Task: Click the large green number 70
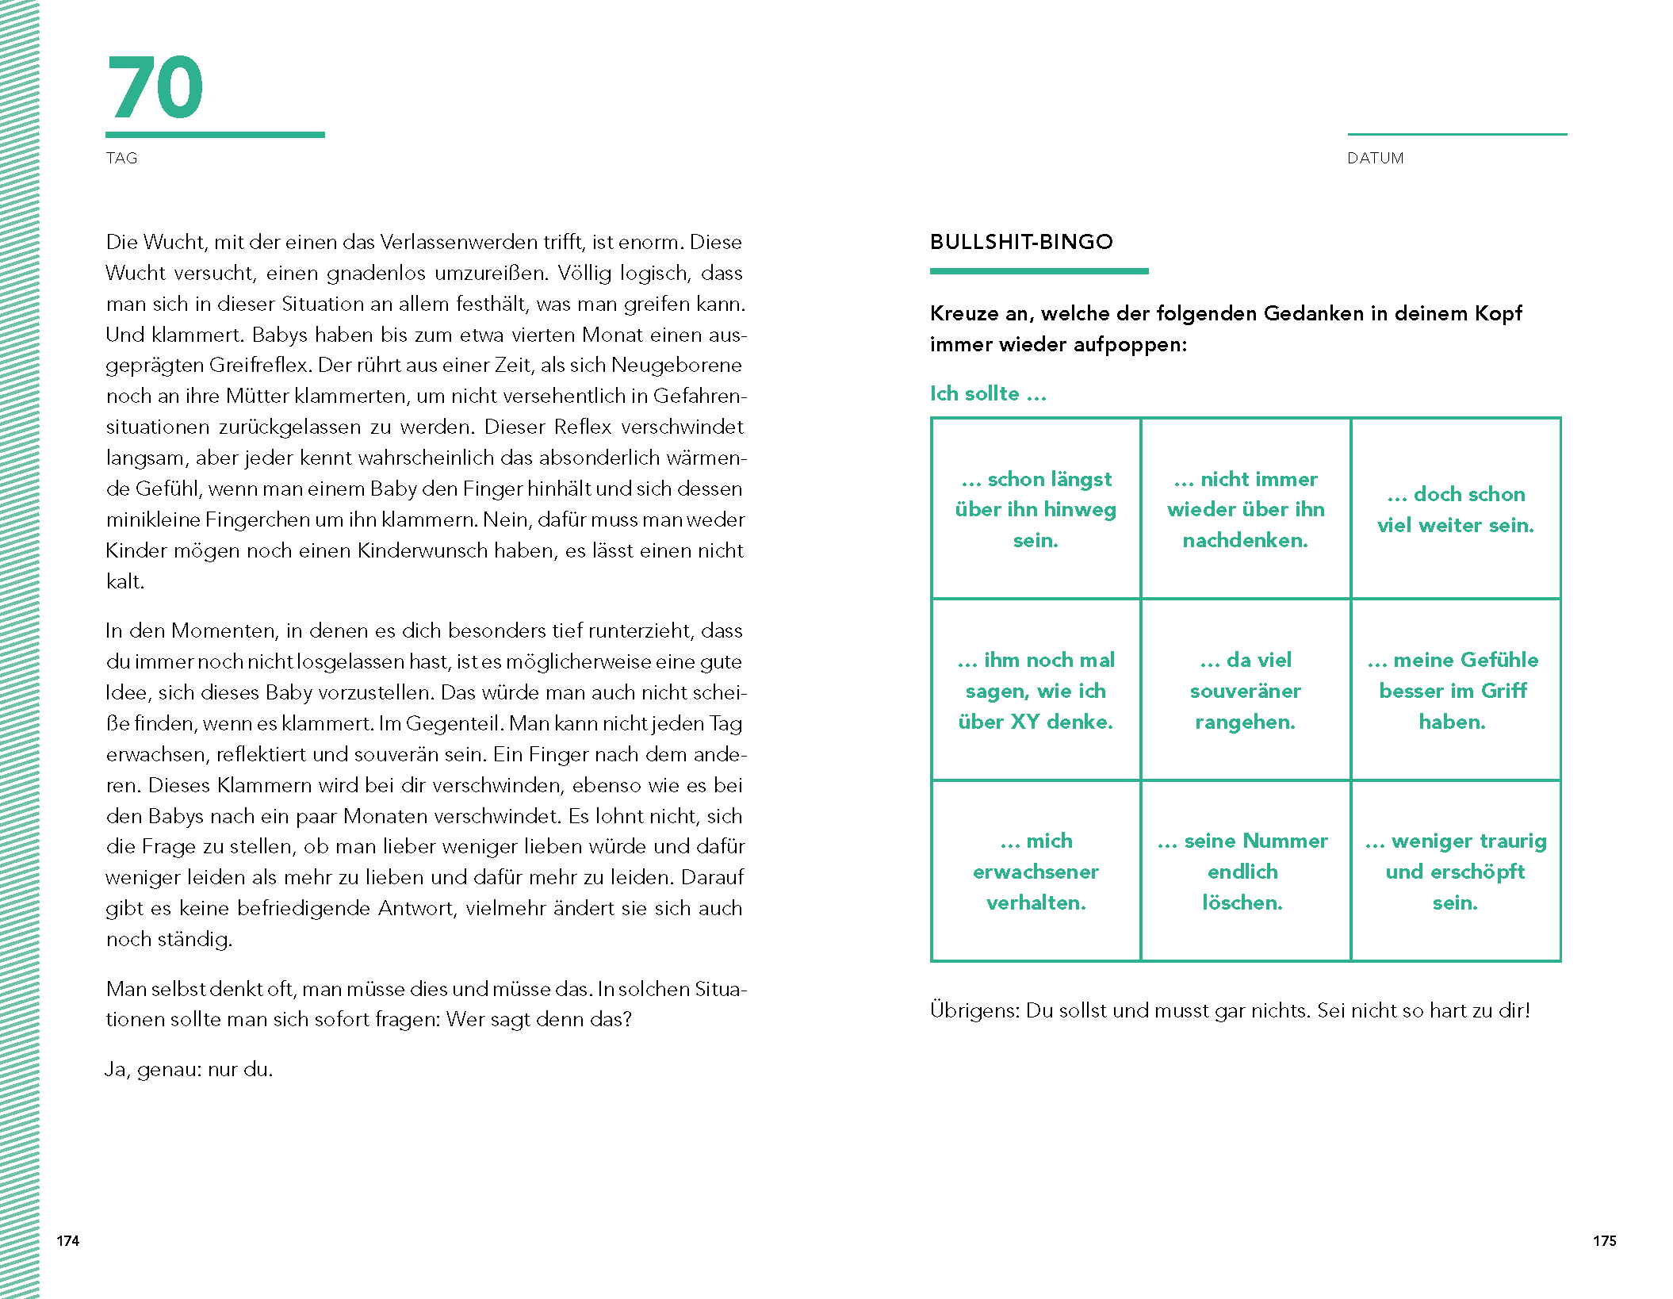tap(155, 88)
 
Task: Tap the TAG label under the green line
tap(121, 159)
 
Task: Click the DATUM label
tap(1375, 159)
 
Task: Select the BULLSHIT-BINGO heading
tap(1021, 242)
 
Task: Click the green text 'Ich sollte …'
tap(988, 394)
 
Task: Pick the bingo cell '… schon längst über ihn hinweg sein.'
tap(1036, 509)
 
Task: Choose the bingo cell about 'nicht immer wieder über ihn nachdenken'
tap(1245, 509)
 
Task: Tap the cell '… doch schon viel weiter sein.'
tap(1456, 509)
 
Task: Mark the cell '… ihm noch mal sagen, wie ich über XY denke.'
tap(1036, 691)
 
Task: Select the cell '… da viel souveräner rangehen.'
tap(1245, 691)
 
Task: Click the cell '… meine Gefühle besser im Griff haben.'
tap(1456, 691)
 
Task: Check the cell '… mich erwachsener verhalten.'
tap(1036, 872)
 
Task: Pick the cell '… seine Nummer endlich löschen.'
tap(1245, 872)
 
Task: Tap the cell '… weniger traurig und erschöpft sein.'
tap(1456, 872)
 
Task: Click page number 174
tap(68, 1241)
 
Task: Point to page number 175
tap(1604, 1241)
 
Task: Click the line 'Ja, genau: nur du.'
tap(190, 1070)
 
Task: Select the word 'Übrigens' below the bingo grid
tap(974, 1011)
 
